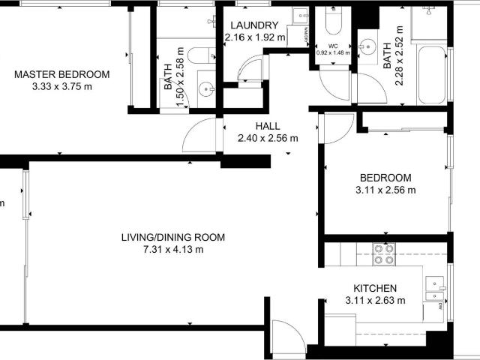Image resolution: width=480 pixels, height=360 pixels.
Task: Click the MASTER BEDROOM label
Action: tap(62, 74)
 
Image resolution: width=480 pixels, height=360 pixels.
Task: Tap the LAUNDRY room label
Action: tap(255, 25)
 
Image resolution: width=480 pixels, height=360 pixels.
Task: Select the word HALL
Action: tap(267, 126)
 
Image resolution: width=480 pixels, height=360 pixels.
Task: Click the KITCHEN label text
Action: tap(375, 288)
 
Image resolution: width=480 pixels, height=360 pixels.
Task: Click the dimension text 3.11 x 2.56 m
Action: tap(385, 190)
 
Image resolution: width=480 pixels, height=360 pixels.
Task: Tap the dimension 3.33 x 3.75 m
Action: tap(62, 86)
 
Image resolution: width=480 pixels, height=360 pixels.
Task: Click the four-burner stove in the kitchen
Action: tap(385, 255)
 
